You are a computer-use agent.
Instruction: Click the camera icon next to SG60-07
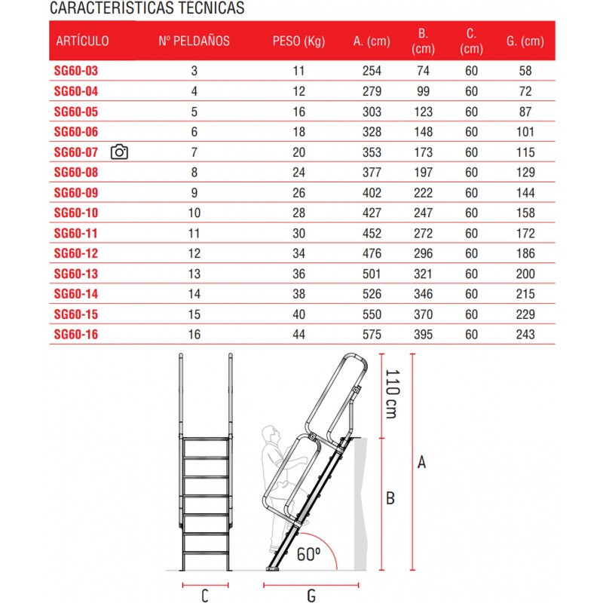[119, 152]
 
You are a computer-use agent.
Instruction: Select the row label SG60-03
[76, 71]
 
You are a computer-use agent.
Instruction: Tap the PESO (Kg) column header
[298, 41]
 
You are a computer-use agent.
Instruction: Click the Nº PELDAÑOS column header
[194, 41]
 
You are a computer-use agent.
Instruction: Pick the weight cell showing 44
[298, 334]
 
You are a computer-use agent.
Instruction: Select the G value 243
[525, 334]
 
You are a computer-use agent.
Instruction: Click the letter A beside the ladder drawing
[422, 462]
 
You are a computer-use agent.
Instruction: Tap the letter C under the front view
[204, 596]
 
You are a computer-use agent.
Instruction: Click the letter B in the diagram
[390, 498]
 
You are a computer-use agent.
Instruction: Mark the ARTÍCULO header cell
[81, 41]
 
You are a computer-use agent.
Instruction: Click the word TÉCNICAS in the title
[208, 9]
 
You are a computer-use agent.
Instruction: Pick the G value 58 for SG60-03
[525, 71]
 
